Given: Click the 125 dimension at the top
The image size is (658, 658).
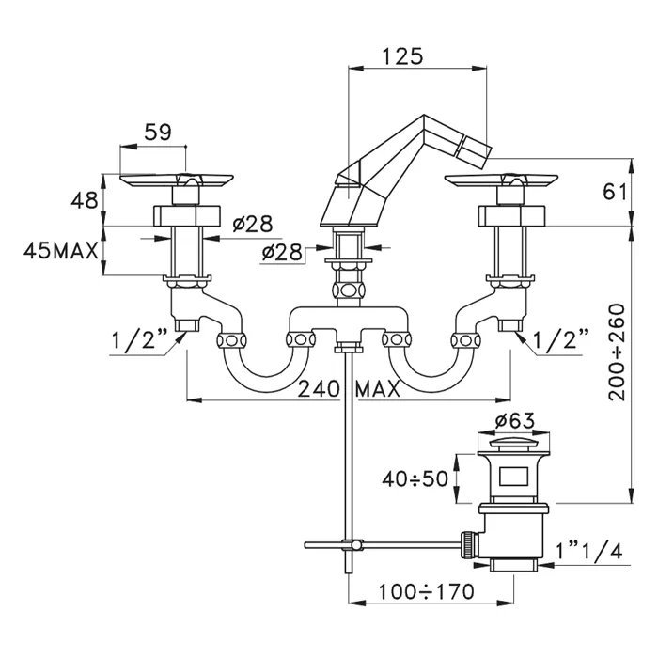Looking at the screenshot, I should coord(402,55).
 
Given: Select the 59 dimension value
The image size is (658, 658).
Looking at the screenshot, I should coord(158,133).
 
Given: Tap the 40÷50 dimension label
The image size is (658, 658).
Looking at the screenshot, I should coord(415,479).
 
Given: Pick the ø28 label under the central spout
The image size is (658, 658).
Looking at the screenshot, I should coord(282,251).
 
